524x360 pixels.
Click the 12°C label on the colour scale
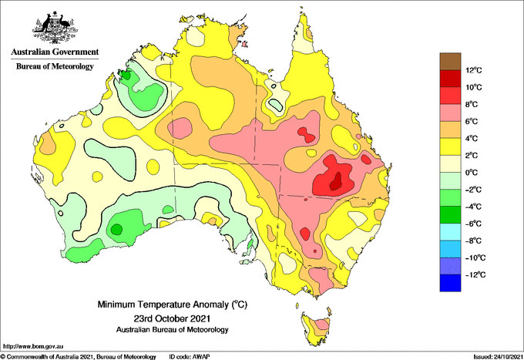point(474,70)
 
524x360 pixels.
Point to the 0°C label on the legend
point(472,173)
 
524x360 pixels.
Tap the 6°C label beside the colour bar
point(472,121)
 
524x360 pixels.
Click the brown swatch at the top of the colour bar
point(450,61)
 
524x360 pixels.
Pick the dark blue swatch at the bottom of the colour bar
point(450,283)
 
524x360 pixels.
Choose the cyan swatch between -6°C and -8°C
point(450,232)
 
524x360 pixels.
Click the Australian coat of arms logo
point(55,28)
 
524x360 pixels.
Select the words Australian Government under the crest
point(55,52)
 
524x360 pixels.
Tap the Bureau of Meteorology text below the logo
point(55,66)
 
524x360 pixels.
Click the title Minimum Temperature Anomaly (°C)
point(173,304)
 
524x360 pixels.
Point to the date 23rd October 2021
point(172,318)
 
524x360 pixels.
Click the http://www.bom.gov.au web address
point(33,346)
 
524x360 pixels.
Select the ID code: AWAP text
point(190,357)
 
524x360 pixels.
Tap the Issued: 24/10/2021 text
point(498,357)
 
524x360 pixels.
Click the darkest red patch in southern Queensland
point(335,181)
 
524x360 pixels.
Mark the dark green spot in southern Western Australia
point(116,229)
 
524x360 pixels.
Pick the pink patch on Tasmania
point(322,324)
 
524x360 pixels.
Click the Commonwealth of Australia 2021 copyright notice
point(78,357)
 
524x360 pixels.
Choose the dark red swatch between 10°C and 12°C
point(450,79)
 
